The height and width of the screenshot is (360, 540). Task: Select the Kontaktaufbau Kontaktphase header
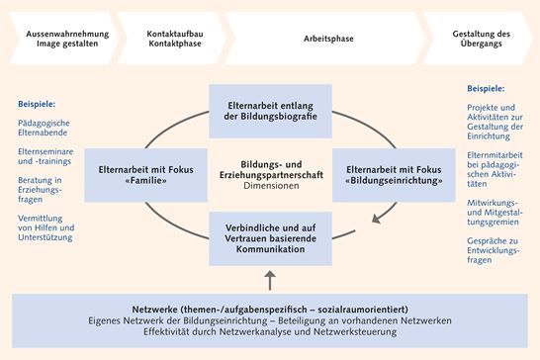point(175,39)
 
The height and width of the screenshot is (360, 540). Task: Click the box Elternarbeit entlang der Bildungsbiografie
point(269,109)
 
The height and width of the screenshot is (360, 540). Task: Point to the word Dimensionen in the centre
point(269,185)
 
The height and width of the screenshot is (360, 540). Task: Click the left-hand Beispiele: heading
point(37,104)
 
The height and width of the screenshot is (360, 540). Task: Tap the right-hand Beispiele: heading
point(486,87)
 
